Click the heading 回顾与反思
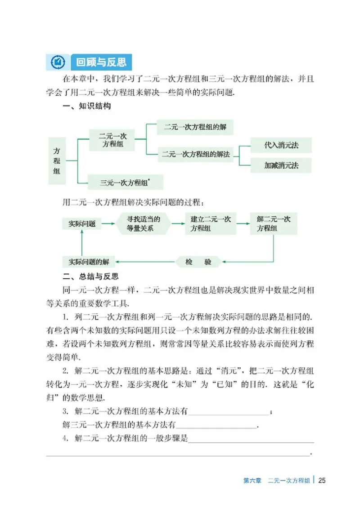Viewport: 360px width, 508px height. [101, 61]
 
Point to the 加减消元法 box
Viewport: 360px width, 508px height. [281, 165]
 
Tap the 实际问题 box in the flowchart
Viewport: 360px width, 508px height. [81, 223]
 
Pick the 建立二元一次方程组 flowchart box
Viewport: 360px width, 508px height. [211, 223]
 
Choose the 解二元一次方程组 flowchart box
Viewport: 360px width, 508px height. [274, 223]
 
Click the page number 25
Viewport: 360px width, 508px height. [321, 481]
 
